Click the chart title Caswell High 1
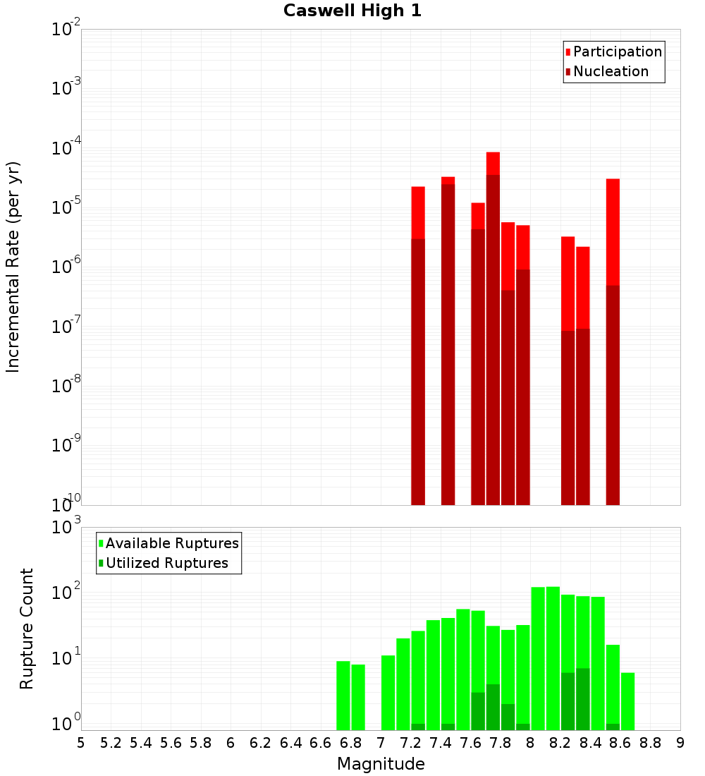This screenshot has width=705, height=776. click(x=352, y=11)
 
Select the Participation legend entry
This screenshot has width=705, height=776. click(x=617, y=51)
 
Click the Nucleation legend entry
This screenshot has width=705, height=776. click(x=610, y=71)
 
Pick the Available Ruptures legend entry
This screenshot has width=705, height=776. click(x=171, y=543)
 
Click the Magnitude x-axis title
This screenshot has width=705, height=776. click(x=381, y=764)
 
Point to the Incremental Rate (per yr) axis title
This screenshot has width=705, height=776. click(x=13, y=267)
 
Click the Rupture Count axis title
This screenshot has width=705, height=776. click(x=27, y=629)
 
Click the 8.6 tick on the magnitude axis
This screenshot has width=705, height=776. click(x=620, y=742)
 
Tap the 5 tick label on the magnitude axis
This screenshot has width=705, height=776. click(x=81, y=742)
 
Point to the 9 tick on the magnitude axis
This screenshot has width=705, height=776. click(x=680, y=742)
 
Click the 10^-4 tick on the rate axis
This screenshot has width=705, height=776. click(x=66, y=148)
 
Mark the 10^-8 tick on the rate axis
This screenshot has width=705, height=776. click(x=66, y=386)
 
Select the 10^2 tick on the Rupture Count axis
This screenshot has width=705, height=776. click(x=66, y=592)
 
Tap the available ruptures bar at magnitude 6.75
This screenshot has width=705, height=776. click(x=343, y=695)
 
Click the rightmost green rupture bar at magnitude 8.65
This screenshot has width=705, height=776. click(x=627, y=701)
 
